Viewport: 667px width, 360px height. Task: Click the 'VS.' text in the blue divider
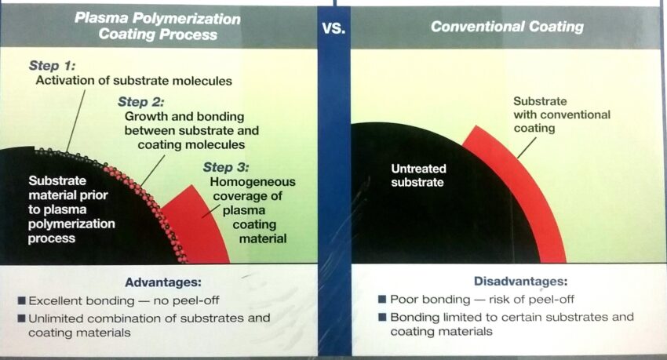(333, 29)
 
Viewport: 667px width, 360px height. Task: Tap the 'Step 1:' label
(52, 65)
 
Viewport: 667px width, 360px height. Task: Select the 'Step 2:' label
(140, 102)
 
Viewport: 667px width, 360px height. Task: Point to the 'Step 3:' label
(226, 167)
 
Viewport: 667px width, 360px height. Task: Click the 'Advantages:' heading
(163, 282)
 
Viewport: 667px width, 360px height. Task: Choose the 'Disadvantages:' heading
(521, 281)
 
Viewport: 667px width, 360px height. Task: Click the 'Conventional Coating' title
(507, 27)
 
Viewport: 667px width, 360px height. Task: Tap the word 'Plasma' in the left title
(100, 18)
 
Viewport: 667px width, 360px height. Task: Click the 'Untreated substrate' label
(418, 175)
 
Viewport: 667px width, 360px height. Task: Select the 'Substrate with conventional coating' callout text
(562, 115)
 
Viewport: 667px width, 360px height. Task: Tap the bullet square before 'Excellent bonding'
(22, 301)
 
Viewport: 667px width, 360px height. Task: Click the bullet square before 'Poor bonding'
(382, 300)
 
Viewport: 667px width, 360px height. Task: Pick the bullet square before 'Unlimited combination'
(22, 318)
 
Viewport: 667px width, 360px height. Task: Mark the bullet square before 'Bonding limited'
(382, 317)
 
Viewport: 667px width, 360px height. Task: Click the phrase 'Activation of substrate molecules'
(134, 81)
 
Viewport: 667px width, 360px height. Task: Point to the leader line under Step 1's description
(75, 121)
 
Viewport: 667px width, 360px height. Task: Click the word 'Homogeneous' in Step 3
(253, 182)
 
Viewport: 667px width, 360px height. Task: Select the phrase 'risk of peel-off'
(531, 300)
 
